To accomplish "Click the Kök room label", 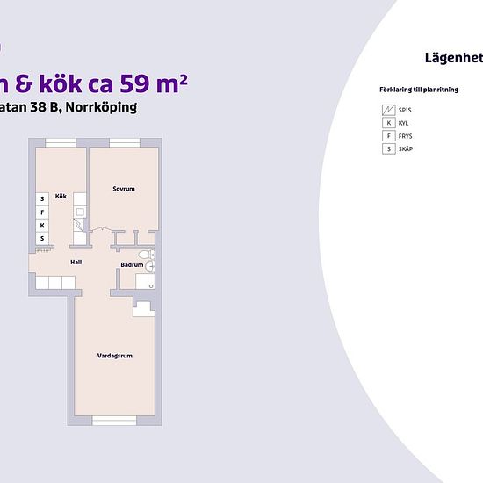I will [61, 196].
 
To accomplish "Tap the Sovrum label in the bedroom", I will [122, 189].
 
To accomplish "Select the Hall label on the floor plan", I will [76, 261].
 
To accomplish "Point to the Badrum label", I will [132, 264].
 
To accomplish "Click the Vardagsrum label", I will [114, 356].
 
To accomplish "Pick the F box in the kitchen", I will [41, 212].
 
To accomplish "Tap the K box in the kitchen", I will [41, 225].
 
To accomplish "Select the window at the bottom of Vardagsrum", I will [114, 420].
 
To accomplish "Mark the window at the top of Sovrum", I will [124, 143].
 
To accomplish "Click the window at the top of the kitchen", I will [61, 143].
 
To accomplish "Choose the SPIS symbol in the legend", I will [387, 110].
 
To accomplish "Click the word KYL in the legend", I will [404, 123].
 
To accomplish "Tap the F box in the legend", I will [387, 136].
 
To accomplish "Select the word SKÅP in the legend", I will [406, 149].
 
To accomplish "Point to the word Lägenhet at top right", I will [452, 58].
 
